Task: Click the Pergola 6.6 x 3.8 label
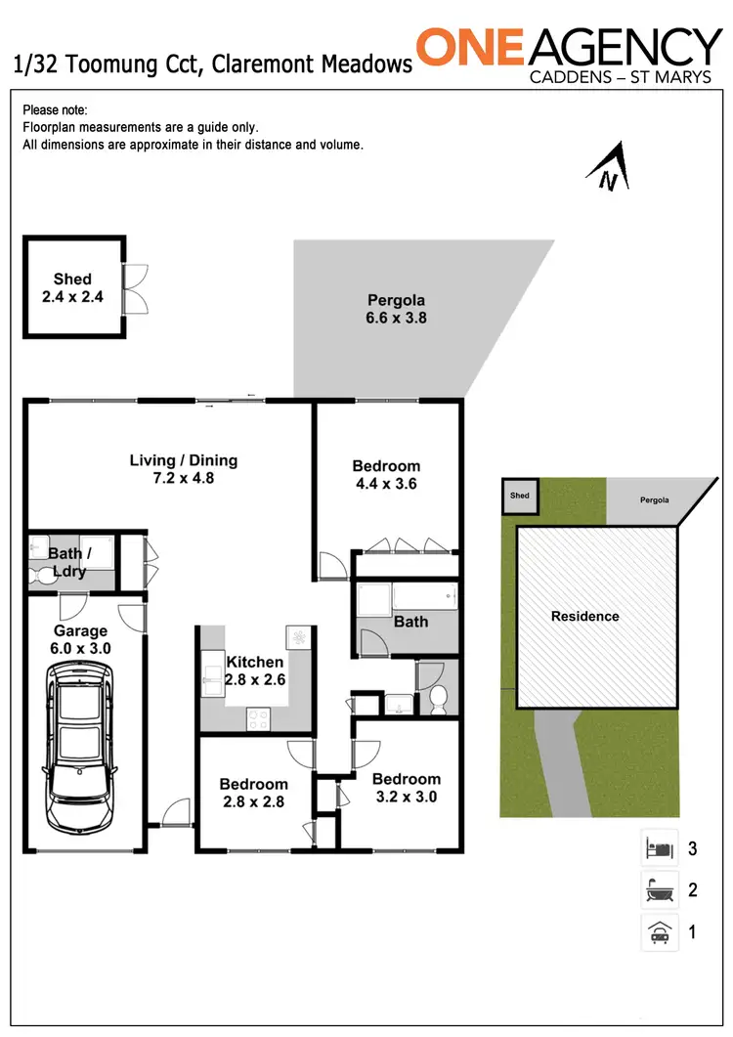point(396,309)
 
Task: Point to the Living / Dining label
point(184,469)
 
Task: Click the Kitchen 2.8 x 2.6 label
point(255,670)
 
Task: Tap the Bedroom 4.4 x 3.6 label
point(386,475)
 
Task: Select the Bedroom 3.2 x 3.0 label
point(406,788)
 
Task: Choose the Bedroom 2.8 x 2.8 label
point(253,793)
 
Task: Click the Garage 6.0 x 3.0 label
point(81,639)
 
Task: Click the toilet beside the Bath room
point(439,698)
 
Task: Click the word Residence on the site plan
point(584,616)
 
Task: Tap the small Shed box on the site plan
point(519,496)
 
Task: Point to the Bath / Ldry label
point(66,562)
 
